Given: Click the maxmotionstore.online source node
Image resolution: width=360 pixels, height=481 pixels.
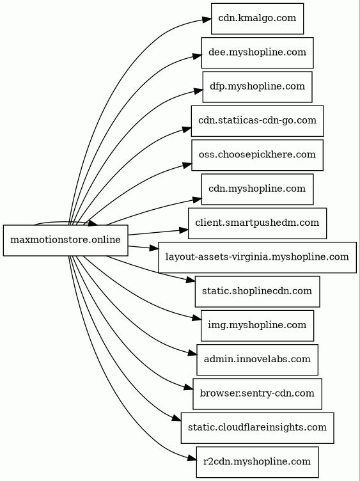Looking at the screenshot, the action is (66, 240).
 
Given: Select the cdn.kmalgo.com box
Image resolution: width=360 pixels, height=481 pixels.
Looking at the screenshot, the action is (257, 19).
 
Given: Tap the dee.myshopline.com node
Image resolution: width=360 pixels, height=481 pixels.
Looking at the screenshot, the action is (257, 52).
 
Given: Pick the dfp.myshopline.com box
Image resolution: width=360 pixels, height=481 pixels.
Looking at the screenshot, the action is (257, 87).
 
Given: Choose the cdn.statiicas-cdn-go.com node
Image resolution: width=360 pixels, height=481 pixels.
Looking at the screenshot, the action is (257, 121).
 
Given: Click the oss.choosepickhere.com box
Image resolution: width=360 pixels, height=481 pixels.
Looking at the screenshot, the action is (257, 155).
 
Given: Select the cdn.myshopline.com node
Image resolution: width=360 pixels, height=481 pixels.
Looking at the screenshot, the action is (257, 189).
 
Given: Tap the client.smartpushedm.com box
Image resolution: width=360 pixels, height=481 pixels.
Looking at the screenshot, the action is (257, 223).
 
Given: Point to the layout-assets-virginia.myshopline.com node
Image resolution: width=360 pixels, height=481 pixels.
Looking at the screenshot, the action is (257, 257).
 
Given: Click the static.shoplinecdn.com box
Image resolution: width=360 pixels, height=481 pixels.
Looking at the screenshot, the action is (257, 292).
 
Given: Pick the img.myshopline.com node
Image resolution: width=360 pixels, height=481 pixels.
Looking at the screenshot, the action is (257, 326).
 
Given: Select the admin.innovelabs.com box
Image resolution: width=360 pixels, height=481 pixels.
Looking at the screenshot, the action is (257, 359).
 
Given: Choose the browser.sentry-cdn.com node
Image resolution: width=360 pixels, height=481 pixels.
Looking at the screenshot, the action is (257, 394).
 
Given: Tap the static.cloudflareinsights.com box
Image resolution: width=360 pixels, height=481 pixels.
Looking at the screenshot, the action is (257, 428).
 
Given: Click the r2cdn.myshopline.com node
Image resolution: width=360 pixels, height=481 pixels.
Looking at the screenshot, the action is (257, 462).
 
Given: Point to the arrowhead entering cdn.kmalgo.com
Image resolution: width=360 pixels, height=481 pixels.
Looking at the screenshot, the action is (207, 20).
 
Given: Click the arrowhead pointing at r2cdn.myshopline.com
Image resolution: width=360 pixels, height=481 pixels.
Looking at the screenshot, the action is (192, 459).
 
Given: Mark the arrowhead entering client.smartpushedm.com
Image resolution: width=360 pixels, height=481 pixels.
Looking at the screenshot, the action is (184, 230).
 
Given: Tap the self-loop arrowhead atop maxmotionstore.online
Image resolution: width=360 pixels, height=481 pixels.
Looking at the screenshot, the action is (93, 223).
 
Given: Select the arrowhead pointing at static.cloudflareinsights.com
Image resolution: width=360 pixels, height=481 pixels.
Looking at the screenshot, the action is (176, 418).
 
